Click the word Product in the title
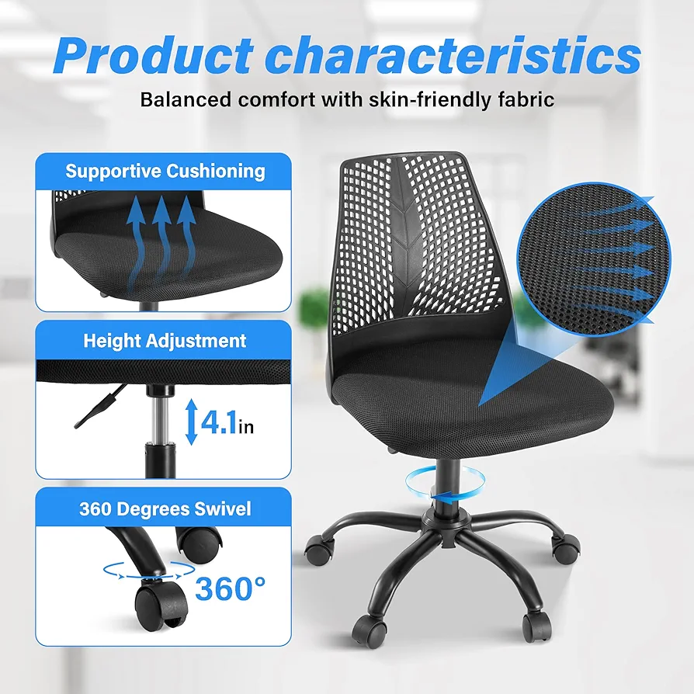[x=154, y=55]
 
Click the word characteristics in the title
[x=453, y=55]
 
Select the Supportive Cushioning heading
[x=165, y=171]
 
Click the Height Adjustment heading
[x=165, y=341]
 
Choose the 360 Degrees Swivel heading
[x=165, y=508]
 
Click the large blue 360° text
[x=230, y=588]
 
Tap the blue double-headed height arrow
[x=191, y=422]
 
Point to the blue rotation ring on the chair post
[x=445, y=486]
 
